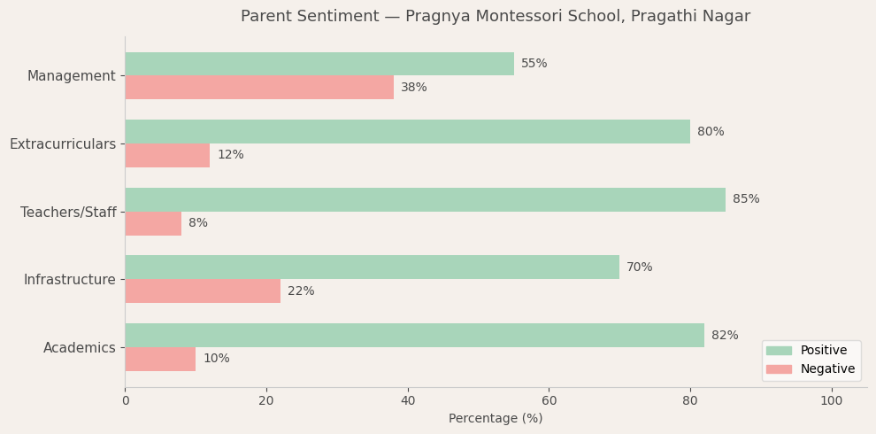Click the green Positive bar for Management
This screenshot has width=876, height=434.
319,64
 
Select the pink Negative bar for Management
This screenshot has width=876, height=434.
258,88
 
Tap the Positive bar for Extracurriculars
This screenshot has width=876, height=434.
407,132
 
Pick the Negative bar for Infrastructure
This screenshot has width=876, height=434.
203,291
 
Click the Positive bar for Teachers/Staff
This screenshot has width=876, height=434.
425,199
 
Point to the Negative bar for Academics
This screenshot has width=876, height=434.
160,359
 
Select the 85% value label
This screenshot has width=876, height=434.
746,199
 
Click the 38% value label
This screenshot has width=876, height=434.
414,88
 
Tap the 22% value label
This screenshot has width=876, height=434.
301,291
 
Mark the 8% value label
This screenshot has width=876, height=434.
198,223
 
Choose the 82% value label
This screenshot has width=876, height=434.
725,336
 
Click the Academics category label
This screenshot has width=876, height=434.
80,348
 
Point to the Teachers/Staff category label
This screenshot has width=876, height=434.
68,213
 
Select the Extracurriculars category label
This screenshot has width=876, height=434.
63,144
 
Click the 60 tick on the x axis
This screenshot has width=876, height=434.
549,401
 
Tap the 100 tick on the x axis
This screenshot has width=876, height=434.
832,401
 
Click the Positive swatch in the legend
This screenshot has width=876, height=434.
779,351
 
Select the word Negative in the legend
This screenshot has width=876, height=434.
827,369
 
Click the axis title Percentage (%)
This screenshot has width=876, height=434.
496,419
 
